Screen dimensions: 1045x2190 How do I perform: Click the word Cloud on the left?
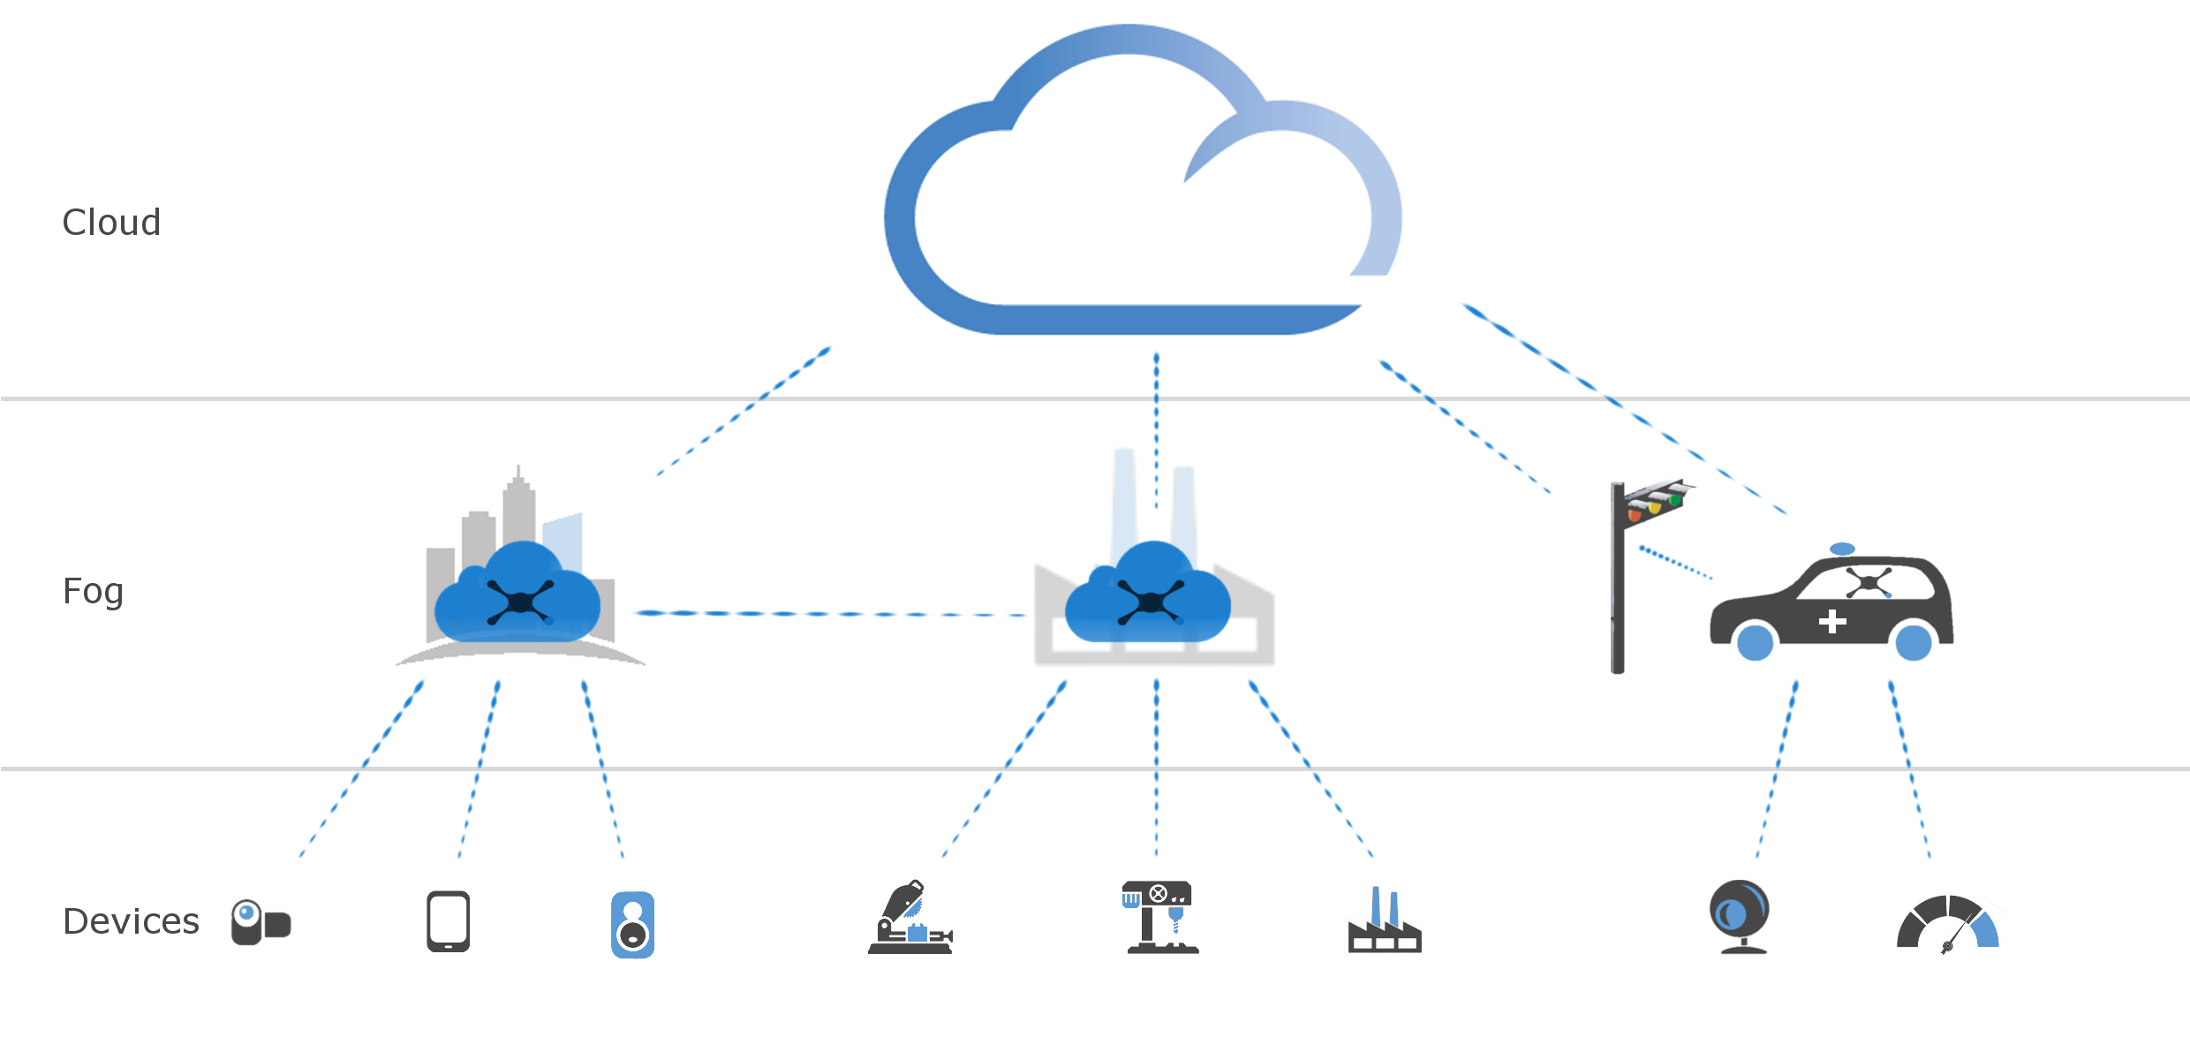coord(111,223)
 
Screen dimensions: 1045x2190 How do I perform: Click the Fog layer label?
coord(93,591)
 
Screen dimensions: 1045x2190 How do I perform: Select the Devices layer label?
coord(132,921)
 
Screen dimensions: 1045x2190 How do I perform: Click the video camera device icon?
coord(261,922)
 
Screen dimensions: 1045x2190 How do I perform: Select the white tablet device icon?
coord(448,921)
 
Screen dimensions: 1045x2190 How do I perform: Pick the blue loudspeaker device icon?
coord(632,925)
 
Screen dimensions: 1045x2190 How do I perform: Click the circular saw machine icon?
coord(910,918)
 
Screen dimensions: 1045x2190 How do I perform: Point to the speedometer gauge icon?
coord(1949,923)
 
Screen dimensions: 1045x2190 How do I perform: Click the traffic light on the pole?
coord(1653,503)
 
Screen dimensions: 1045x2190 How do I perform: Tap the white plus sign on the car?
coord(1832,622)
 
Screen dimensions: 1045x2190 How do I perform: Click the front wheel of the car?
coord(1756,642)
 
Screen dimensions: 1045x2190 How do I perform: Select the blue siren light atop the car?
coord(1842,549)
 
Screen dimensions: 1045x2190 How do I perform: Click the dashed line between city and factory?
coord(830,614)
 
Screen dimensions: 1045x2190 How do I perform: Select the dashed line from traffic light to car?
coord(1675,563)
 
